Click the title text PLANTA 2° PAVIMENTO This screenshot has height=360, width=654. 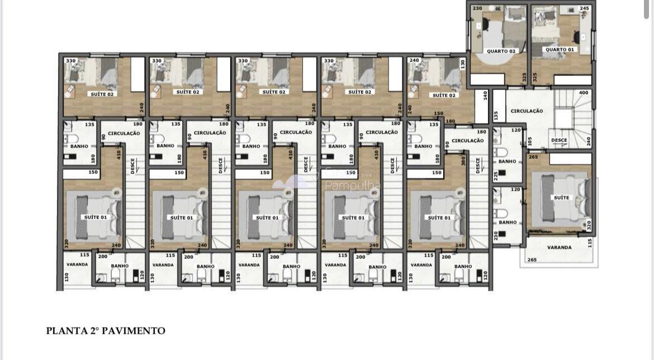point(106,331)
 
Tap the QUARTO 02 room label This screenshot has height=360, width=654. point(501,51)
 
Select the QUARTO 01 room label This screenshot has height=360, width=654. point(560,50)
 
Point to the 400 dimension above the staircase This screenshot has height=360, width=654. point(584,93)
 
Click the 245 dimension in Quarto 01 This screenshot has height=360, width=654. point(584,8)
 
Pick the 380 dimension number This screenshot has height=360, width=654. point(463,160)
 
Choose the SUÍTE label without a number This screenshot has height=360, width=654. point(561,197)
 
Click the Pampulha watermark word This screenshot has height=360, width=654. point(353,186)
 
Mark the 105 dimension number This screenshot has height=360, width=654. point(530,141)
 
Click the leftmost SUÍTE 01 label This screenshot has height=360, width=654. point(96,217)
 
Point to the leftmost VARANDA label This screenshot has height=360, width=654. point(77,264)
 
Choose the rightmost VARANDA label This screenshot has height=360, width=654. point(559,247)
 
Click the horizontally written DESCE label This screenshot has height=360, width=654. point(559,140)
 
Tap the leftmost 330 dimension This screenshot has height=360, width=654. point(71,61)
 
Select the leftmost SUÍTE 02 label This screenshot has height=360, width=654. point(102,94)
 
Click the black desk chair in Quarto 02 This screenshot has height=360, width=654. point(485,26)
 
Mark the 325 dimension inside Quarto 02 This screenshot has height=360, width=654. point(524,77)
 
